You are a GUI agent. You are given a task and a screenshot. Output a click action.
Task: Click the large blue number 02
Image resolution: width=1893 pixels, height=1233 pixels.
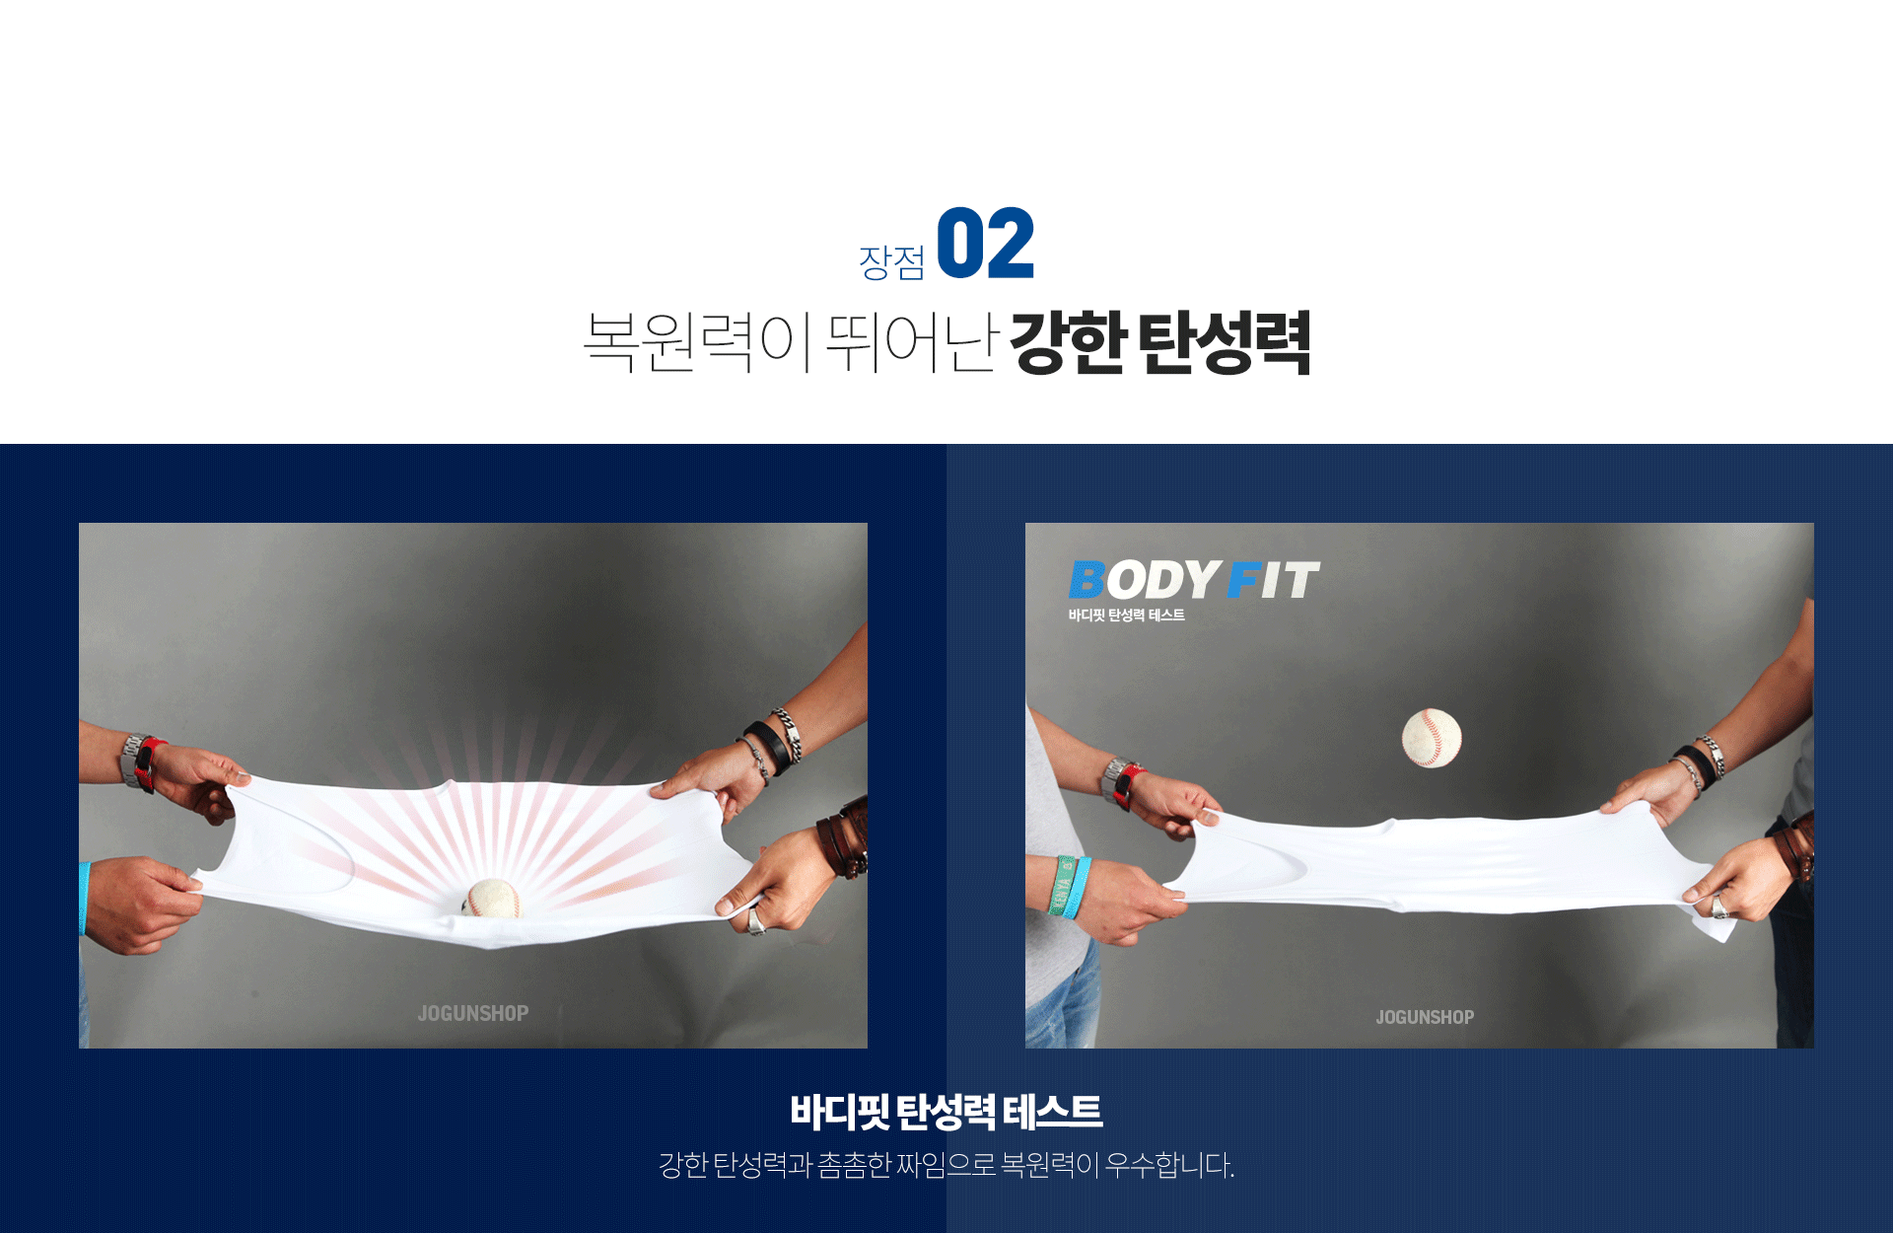[x=985, y=244]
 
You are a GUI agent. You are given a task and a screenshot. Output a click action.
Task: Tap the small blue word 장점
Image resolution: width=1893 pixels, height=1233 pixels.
[x=892, y=261]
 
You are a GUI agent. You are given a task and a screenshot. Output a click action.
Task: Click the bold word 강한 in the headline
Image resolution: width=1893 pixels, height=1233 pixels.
[x=1068, y=341]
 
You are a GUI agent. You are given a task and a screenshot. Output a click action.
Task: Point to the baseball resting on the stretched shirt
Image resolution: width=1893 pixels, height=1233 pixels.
[x=492, y=899]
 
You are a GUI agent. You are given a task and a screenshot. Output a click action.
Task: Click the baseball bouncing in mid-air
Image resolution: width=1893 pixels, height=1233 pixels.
[x=1432, y=738]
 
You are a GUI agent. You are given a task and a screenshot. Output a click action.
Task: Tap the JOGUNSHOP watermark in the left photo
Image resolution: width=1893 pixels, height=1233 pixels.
[x=473, y=1013]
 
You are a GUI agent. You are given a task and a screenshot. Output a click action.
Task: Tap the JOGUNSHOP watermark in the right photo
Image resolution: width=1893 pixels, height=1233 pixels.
[x=1425, y=1017]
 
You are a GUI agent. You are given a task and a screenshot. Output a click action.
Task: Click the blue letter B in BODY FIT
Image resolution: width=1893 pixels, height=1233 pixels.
[x=1087, y=580]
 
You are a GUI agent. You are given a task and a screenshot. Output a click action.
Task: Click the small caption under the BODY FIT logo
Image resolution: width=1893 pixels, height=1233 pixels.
[x=1126, y=616]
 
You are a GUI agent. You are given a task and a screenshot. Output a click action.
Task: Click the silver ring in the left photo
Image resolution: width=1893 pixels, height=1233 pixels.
[x=756, y=922]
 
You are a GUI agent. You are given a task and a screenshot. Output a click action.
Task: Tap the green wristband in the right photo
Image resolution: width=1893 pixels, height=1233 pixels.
[x=1066, y=888]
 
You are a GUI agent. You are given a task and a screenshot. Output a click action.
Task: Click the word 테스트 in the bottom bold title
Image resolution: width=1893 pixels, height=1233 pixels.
[x=1053, y=1112]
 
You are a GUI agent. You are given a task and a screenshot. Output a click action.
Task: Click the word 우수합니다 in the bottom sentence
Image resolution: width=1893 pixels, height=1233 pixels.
[x=1169, y=1165]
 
